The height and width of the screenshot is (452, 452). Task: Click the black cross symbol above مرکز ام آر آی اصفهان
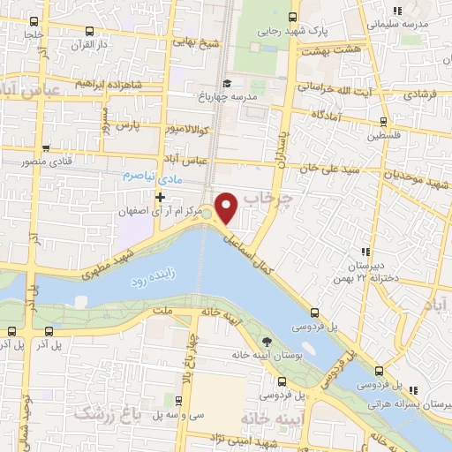(159, 197)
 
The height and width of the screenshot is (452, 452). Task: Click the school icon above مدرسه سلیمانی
(397, 10)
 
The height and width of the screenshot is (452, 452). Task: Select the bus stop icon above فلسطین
(383, 123)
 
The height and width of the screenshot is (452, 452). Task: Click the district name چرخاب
(274, 198)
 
